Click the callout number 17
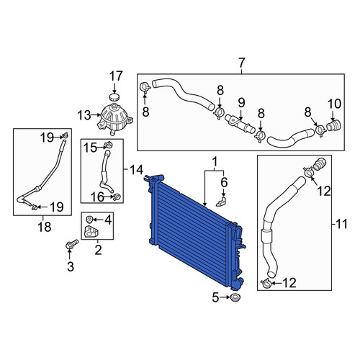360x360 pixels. click(116, 76)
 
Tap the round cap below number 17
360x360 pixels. click(114, 98)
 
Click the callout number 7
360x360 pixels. click(242, 63)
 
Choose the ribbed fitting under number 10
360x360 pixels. click(333, 126)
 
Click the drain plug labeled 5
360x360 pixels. click(235, 297)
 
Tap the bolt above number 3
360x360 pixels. click(71, 245)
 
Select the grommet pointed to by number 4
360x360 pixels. click(89, 219)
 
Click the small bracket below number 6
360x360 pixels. click(221, 202)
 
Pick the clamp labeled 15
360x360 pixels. click(109, 145)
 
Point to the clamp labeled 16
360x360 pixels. click(117, 197)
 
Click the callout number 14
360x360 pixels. click(136, 170)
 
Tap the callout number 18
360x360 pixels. click(45, 227)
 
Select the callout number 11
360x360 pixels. click(341, 225)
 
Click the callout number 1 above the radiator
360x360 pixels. click(215, 161)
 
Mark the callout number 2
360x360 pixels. click(98, 250)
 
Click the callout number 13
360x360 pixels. click(84, 116)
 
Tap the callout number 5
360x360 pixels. click(215, 298)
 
